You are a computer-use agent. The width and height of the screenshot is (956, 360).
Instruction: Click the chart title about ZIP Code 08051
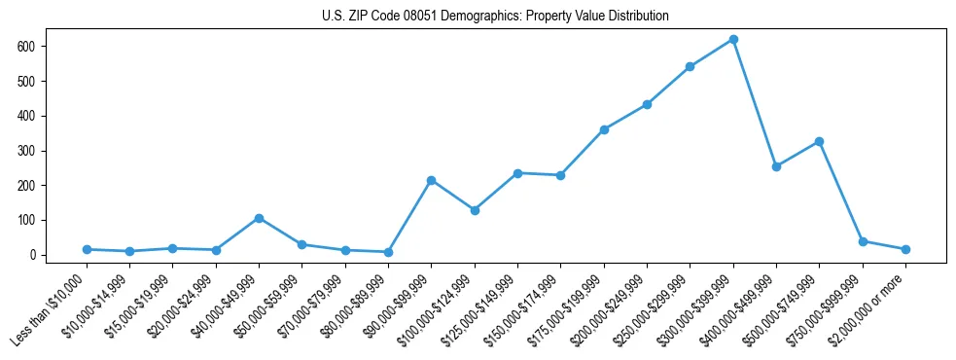tap(495, 17)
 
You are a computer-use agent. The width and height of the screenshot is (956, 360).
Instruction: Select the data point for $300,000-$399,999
tap(733, 40)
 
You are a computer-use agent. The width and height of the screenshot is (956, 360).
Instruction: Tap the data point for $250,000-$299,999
tap(690, 67)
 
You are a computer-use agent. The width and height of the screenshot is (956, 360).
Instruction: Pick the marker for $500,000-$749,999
tap(819, 141)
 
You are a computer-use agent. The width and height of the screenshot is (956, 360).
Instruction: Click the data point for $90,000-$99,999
tap(431, 180)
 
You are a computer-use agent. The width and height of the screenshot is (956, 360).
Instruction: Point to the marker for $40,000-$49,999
tap(259, 218)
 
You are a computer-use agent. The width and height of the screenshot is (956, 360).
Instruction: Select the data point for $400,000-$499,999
tap(776, 166)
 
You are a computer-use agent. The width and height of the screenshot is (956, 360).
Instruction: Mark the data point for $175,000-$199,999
tap(604, 129)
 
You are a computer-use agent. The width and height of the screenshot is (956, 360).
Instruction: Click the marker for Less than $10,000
tap(87, 249)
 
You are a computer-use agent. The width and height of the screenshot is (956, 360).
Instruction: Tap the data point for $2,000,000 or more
tap(905, 249)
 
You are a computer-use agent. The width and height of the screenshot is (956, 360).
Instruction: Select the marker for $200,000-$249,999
tap(647, 104)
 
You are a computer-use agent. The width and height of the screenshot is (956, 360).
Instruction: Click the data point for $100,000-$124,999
tap(475, 210)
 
